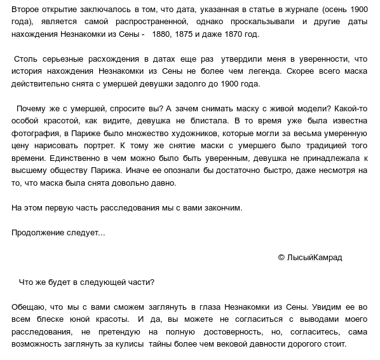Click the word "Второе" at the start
(x=27, y=10)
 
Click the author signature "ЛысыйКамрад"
(x=314, y=257)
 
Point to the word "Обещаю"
(x=29, y=307)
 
